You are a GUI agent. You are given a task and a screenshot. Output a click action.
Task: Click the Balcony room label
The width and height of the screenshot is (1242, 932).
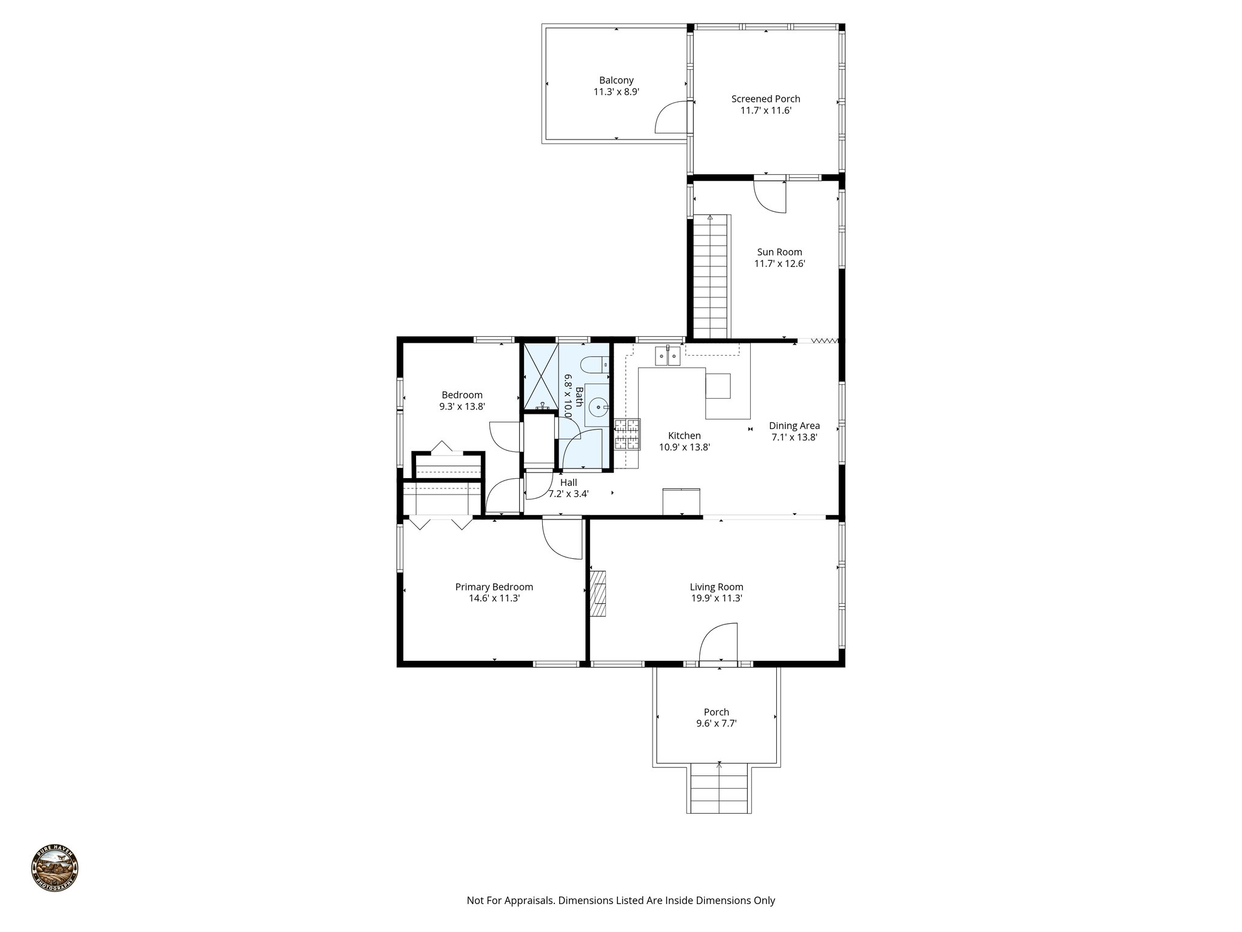[x=616, y=80]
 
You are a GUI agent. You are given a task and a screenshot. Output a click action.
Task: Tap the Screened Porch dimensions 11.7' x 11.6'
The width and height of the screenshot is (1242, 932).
[x=765, y=110]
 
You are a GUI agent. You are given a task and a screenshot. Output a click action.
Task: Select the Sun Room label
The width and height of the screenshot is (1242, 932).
[x=779, y=252]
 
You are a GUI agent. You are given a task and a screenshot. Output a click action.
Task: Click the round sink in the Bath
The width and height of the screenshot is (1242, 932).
[x=599, y=407]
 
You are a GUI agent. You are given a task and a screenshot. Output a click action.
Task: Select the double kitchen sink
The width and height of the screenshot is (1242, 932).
[x=667, y=356]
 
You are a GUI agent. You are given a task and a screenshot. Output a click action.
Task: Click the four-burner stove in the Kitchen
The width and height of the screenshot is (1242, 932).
[x=627, y=434]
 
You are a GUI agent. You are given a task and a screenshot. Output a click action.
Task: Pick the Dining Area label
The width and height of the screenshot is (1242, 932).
[x=794, y=426]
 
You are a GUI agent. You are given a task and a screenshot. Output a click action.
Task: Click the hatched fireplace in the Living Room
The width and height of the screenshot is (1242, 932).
[x=599, y=593]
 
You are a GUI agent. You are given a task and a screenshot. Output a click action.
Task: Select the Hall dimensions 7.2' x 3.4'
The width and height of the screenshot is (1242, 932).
[x=568, y=494]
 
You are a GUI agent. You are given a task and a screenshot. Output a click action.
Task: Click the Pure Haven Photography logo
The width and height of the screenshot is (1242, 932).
[x=55, y=869]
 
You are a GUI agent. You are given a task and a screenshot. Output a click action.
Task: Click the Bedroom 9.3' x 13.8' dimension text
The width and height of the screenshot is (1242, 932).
[x=462, y=407]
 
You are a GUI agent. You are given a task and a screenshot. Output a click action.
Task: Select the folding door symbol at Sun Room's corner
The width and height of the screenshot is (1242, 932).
[x=824, y=341]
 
